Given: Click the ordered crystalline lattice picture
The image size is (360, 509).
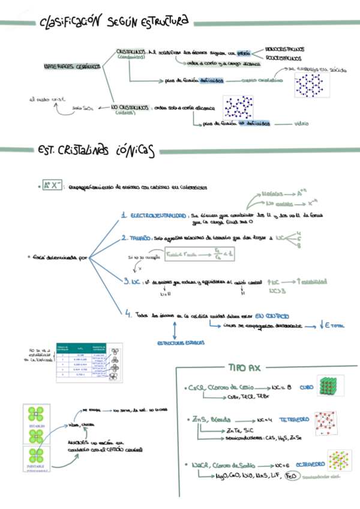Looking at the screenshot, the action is click(x=312, y=84).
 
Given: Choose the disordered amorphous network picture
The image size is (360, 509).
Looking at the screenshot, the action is click(x=240, y=107).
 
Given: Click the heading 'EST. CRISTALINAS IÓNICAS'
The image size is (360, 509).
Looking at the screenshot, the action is click(x=95, y=150).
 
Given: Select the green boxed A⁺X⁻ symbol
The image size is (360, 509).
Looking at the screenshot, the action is click(x=53, y=185).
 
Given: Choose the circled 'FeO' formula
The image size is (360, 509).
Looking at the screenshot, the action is click(x=291, y=477).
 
